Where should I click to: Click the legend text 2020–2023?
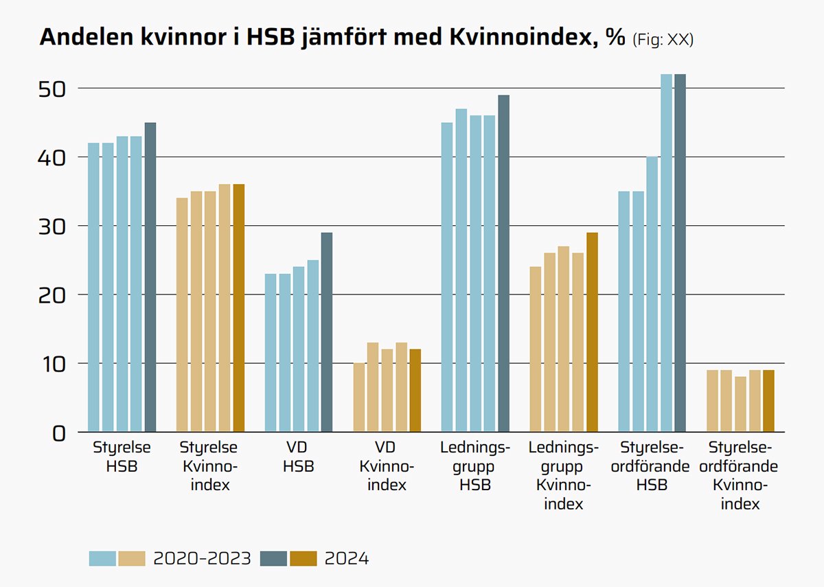[x=203, y=558]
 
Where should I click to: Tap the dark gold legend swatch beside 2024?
[x=304, y=558]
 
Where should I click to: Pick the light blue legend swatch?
[x=102, y=558]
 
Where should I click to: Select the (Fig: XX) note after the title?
[x=663, y=40]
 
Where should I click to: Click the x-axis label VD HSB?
[x=299, y=457]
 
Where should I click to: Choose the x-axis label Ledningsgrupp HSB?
[x=475, y=466]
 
